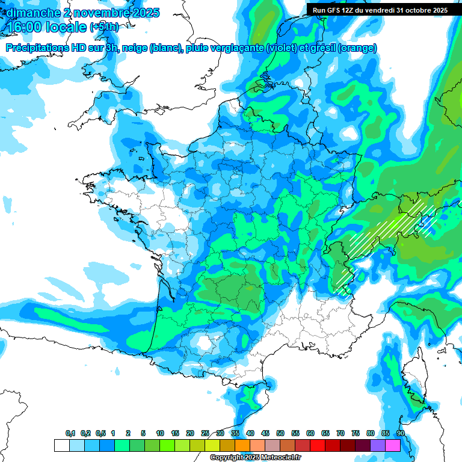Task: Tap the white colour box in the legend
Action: (x=61, y=445)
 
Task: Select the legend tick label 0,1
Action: (x=70, y=433)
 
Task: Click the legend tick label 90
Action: (x=401, y=433)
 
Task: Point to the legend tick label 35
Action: (x=235, y=433)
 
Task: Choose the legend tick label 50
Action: (x=280, y=433)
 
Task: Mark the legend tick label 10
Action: (x=160, y=433)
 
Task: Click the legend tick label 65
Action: (x=325, y=433)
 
